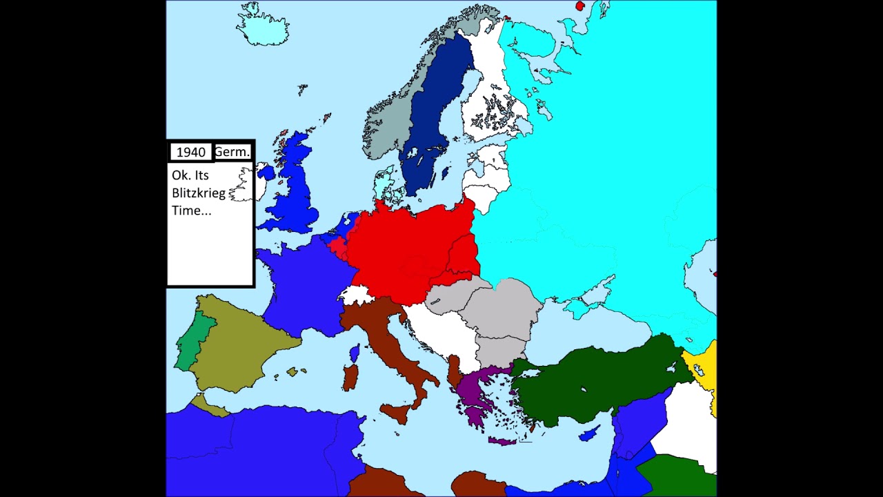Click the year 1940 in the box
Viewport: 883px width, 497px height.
point(190,152)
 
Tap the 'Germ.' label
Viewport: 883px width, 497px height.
point(232,152)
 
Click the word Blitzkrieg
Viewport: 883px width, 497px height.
point(199,193)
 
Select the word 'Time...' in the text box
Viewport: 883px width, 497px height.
point(192,211)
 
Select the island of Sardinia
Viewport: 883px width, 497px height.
point(350,378)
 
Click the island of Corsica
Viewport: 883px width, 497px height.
point(355,354)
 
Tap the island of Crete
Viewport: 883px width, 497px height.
point(503,440)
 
